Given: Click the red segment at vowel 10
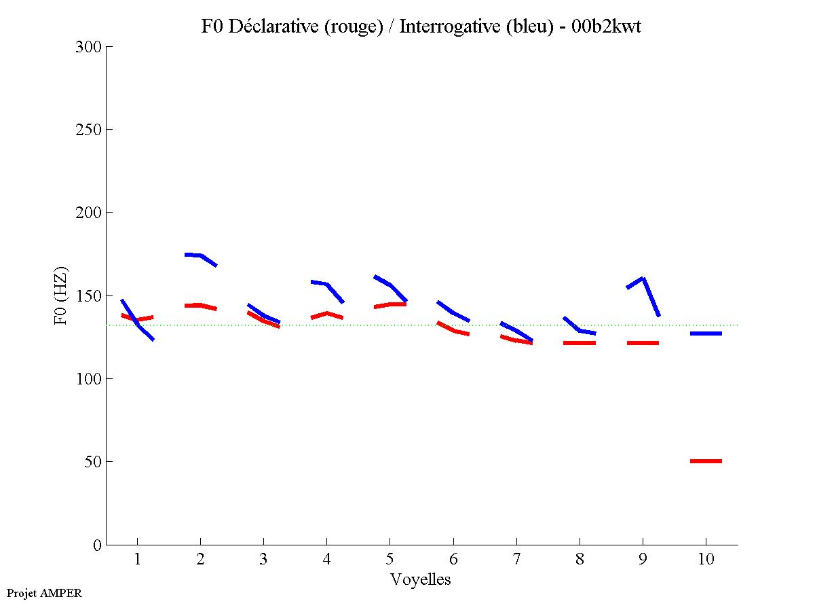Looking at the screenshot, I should (x=706, y=461).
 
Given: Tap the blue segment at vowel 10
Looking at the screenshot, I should (x=706, y=334).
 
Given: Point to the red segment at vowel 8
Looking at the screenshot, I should (x=579, y=343).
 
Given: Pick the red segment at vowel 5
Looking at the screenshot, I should (x=390, y=304).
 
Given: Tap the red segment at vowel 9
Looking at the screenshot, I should (x=643, y=343).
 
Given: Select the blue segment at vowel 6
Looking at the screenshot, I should (x=453, y=312).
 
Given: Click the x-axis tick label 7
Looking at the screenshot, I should (x=516, y=560).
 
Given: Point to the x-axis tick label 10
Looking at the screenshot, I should (x=706, y=560).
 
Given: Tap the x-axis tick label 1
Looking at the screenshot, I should (x=137, y=560).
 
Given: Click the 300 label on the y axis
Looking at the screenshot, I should (x=88, y=47).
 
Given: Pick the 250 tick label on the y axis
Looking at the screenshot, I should (x=88, y=130).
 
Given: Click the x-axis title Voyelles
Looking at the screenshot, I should (x=421, y=579).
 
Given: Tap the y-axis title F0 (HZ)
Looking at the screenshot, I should (x=62, y=295).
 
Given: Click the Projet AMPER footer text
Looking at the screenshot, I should (x=44, y=593).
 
